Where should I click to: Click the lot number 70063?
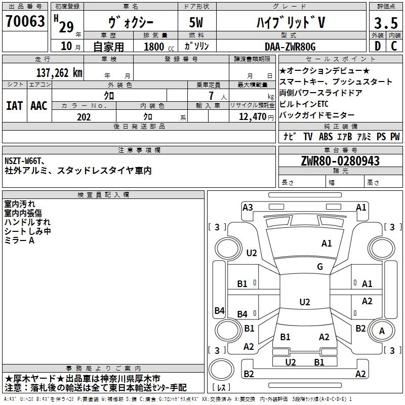coord(25,22)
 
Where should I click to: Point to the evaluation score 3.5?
coord(385,23)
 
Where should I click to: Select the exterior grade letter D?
coord(377,46)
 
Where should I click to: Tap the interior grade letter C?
coord(394,46)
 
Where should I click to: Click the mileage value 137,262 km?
coord(59,72)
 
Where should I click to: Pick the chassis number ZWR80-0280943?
coord(340,161)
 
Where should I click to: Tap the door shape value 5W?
coord(197,23)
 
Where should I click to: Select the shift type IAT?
coord(14,106)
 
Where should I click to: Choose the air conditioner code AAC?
coord(38,106)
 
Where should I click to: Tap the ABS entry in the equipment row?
coord(326,137)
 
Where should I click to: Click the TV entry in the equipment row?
coord(308,137)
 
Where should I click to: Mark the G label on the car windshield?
coord(320,267)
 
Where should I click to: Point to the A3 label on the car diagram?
coord(248,207)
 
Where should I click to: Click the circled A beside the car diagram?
coord(382,331)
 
